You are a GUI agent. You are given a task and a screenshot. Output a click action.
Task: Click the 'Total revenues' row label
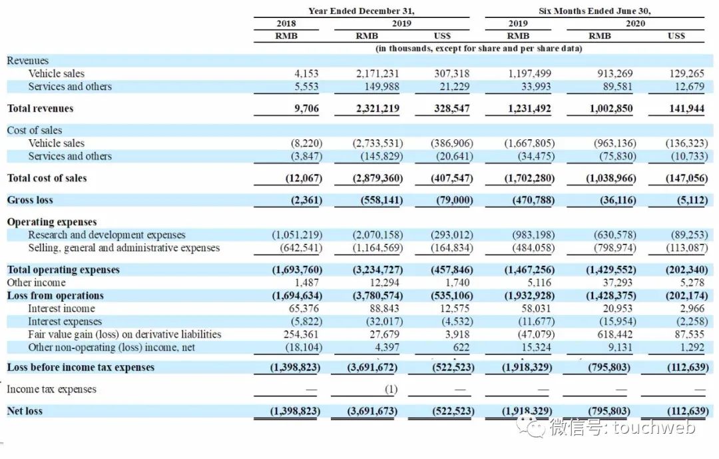point(40,109)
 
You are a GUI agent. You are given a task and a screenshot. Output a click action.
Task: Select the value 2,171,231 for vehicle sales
point(376,74)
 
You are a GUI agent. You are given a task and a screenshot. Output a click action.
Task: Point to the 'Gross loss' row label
point(30,200)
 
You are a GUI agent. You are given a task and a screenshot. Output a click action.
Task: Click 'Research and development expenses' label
point(107,235)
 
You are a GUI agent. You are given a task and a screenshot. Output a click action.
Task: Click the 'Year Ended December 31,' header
point(361,11)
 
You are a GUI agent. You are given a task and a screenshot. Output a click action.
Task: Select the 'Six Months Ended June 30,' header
point(595,11)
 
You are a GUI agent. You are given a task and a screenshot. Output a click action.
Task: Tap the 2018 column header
point(286,24)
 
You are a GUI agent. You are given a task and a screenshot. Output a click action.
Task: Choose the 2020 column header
point(635,24)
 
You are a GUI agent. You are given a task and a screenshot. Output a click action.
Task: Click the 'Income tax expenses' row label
point(51,389)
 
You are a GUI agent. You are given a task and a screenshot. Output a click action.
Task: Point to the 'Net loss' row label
point(25,411)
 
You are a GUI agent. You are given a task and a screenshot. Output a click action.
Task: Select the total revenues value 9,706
point(306,109)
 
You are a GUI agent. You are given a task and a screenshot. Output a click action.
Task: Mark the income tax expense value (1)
point(391,389)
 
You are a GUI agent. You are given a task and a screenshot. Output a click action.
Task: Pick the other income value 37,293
point(617,282)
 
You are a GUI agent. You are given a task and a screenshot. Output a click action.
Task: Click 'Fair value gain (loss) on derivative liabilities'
point(124,334)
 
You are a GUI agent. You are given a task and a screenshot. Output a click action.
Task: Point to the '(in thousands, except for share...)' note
point(479,48)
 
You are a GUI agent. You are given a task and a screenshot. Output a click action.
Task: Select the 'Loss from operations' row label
point(55,296)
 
